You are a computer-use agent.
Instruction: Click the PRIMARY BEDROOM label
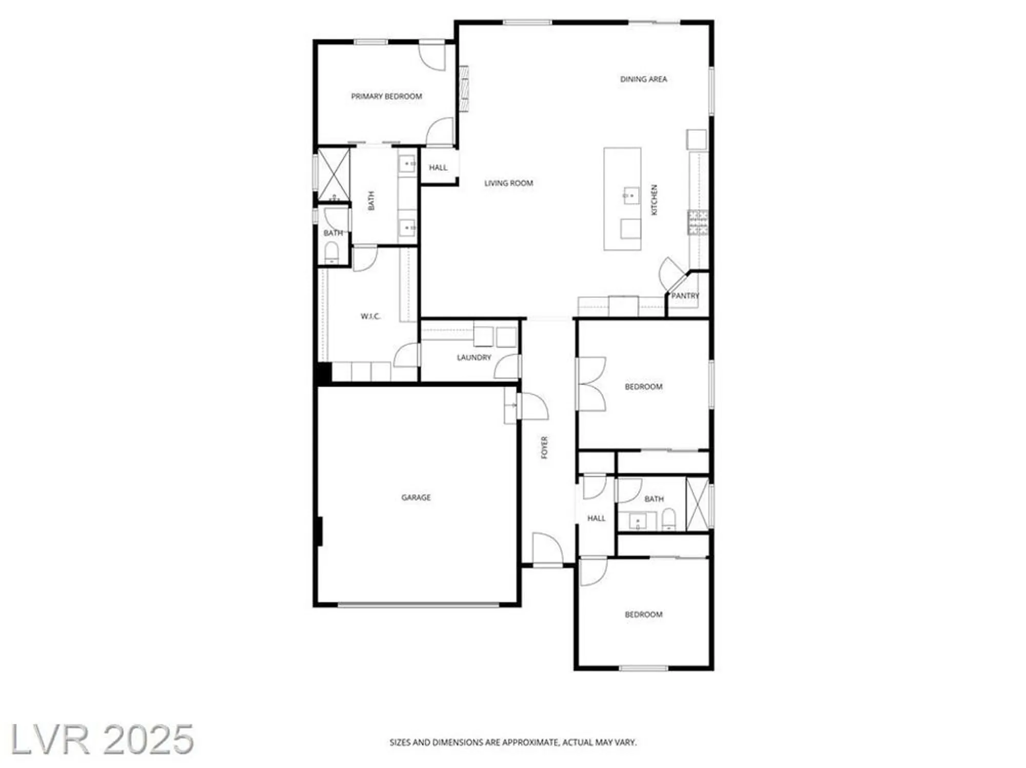click(386, 96)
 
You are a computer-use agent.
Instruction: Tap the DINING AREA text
click(643, 79)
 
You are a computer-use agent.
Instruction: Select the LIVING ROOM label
click(508, 183)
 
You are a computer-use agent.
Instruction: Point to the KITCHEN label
click(654, 200)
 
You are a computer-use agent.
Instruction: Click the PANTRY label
click(685, 296)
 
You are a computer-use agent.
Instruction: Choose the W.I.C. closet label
click(370, 316)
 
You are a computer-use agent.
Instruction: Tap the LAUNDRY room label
click(473, 357)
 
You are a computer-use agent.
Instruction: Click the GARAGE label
click(416, 497)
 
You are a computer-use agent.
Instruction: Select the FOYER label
click(544, 447)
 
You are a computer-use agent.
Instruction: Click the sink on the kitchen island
click(631, 195)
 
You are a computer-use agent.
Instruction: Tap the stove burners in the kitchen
click(698, 223)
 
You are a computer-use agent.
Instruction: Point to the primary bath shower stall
click(333, 175)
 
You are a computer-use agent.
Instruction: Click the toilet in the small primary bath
click(331, 253)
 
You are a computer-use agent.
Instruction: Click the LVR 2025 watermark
click(102, 739)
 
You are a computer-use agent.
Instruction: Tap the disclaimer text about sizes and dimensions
click(512, 742)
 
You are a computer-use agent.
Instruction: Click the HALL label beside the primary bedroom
click(438, 168)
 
